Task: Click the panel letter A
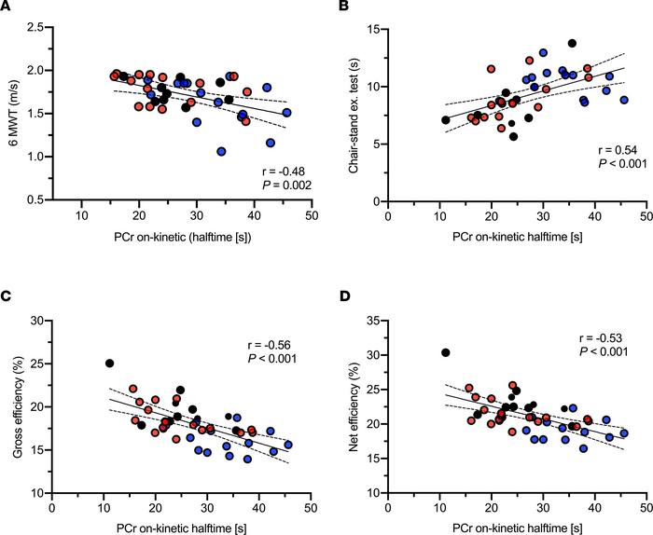point(7,8)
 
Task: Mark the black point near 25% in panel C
point(109,364)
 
